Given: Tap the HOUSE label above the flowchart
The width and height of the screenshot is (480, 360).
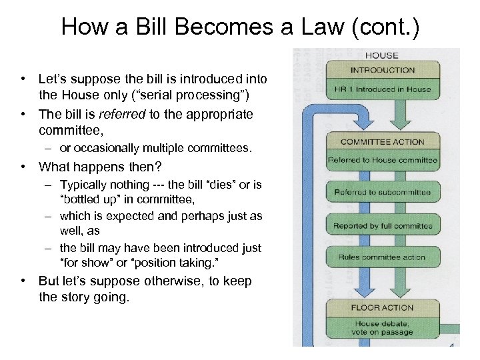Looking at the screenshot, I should click(382, 56).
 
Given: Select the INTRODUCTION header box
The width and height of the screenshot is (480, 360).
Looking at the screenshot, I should click(382, 70).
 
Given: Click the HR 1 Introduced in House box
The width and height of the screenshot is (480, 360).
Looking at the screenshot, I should click(382, 89).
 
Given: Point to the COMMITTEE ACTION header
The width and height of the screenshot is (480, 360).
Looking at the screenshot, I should click(382, 142).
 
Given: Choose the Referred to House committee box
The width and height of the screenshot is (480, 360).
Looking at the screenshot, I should click(382, 160).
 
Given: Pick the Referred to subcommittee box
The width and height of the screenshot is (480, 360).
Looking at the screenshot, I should click(382, 192).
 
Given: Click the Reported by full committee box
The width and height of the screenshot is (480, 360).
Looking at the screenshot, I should click(382, 225).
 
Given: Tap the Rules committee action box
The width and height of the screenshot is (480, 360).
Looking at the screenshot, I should click(382, 257).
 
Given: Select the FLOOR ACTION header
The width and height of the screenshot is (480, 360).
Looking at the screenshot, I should click(382, 308).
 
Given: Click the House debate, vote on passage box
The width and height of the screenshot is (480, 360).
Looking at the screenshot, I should click(382, 327).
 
